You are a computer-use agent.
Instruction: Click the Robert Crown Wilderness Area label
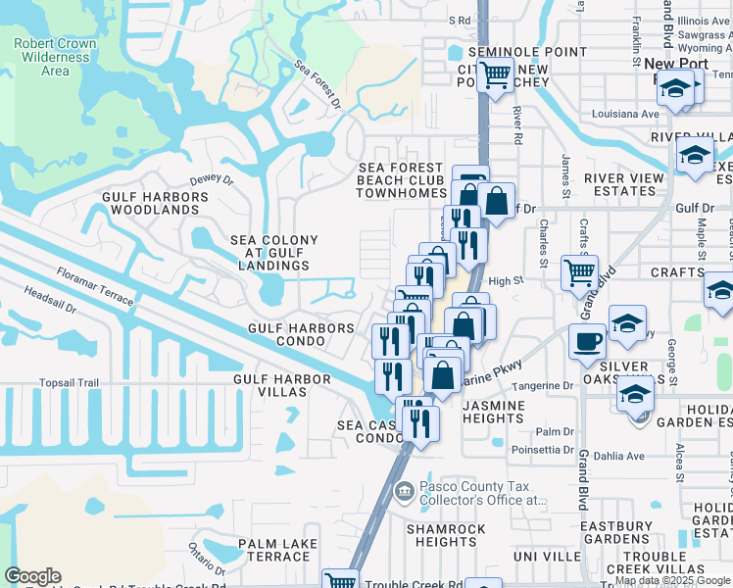pos(56,57)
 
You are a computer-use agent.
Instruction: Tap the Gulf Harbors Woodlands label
pos(156,204)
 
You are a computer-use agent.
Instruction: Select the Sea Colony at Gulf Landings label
pos(273,253)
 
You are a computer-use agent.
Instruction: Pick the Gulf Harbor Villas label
pos(269,385)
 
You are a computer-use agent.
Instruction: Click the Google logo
pos(33,577)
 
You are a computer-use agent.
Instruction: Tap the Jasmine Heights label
pos(493,412)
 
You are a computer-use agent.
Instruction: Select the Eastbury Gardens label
pos(615,532)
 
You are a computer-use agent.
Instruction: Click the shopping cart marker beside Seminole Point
pos(496,73)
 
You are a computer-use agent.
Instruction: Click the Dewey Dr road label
pos(212,180)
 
